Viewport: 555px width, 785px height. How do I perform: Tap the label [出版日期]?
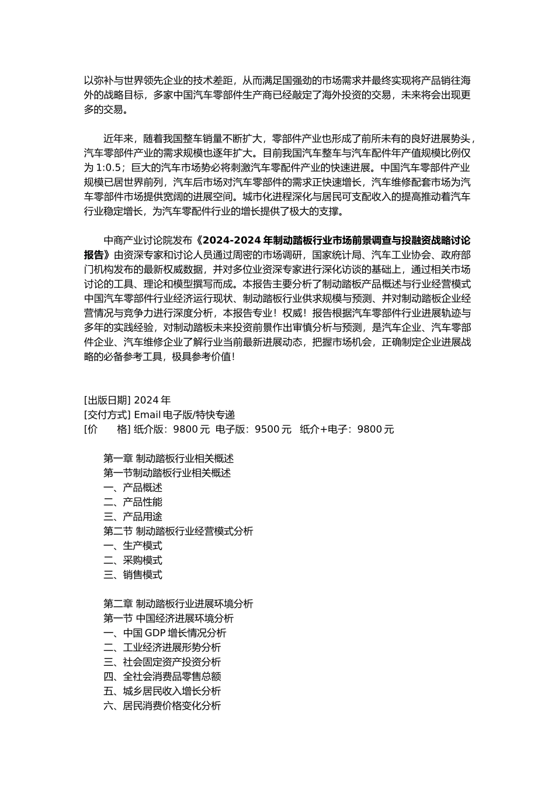coord(107,400)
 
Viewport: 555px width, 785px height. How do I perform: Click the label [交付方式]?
coord(107,415)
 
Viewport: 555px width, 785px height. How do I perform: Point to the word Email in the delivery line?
coord(147,415)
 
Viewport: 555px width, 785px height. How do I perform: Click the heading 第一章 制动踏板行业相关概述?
coord(168,459)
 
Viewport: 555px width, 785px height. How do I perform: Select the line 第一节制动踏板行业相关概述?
coord(167,473)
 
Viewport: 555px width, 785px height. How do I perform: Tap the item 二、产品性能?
coord(133,502)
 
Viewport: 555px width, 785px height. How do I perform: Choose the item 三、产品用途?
coord(133,517)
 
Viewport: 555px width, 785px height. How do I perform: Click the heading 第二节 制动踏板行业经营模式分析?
coord(178,532)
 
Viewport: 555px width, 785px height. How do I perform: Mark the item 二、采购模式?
coord(133,560)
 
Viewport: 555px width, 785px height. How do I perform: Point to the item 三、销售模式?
coord(133,575)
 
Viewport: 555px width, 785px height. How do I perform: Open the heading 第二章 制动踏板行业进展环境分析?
coord(178,604)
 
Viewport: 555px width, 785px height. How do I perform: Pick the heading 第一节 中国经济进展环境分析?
coord(168,619)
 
